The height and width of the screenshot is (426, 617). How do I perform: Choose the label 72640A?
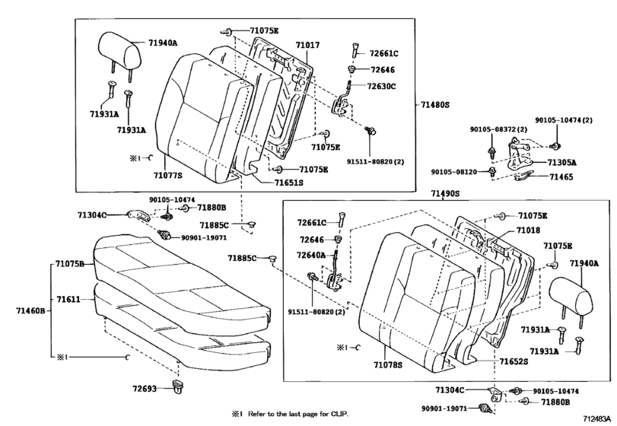click(310, 255)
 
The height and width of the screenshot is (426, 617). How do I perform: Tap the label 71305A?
click(561, 163)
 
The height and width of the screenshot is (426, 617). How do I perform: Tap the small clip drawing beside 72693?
click(181, 389)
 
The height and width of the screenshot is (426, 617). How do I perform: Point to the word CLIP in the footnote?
click(337, 413)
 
